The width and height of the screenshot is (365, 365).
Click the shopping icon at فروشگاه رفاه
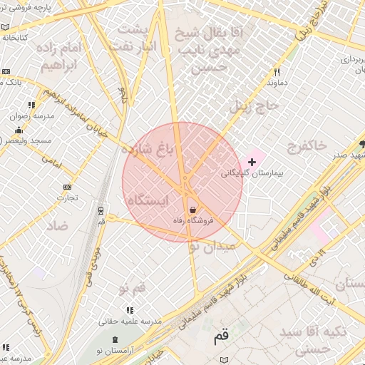(193, 210)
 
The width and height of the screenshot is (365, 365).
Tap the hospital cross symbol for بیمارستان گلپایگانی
(252, 162)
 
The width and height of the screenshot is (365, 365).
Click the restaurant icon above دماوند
(277, 71)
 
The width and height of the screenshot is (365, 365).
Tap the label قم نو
(132, 287)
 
